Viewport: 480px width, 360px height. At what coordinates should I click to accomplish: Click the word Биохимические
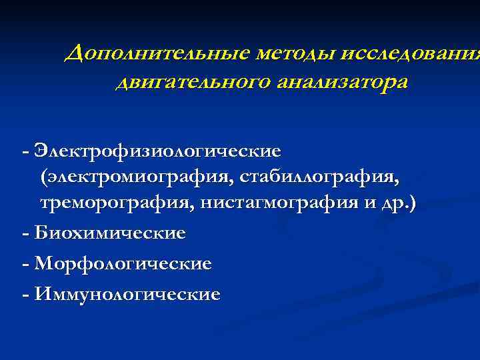pyautogui.click(x=109, y=234)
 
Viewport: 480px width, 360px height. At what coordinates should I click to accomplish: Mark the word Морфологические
pyautogui.click(x=123, y=264)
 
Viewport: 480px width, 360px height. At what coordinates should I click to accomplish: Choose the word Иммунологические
pyautogui.click(x=127, y=294)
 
